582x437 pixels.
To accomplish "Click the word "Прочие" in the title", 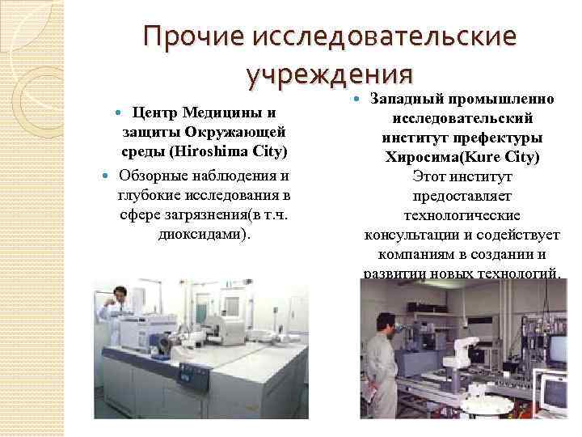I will pyautogui.click(x=194, y=36).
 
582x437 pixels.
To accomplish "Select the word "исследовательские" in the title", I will pyautogui.click(x=386, y=36).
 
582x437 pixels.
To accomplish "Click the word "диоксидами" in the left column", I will pyautogui.click(x=200, y=235).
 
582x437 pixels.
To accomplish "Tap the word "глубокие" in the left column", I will pyautogui.click(x=145, y=195).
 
